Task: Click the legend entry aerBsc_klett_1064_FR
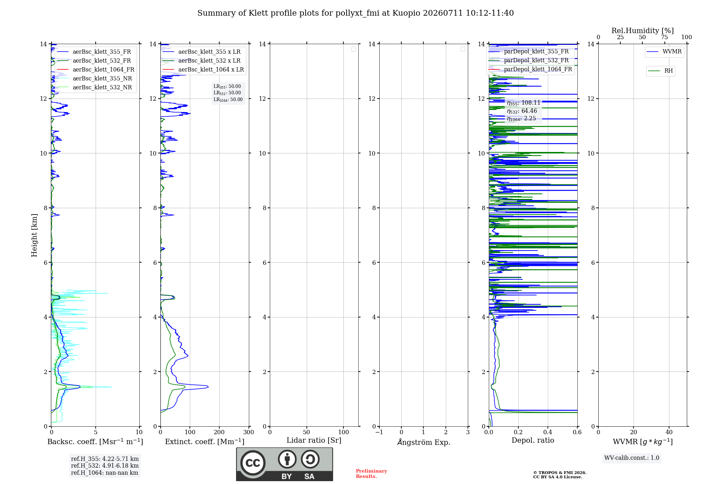(x=95, y=70)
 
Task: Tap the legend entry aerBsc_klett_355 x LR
(x=202, y=52)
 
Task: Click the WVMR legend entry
(x=664, y=52)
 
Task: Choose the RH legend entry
(x=661, y=71)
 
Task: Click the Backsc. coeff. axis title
(x=95, y=442)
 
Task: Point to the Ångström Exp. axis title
(x=424, y=442)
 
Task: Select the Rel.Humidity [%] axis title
(x=643, y=31)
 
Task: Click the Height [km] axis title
(x=34, y=235)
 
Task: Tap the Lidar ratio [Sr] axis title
(x=314, y=441)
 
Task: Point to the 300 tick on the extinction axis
(x=249, y=432)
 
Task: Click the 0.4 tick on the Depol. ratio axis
(x=548, y=432)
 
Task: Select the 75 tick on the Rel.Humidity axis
(x=664, y=37)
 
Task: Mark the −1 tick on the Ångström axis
(x=379, y=432)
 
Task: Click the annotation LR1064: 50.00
(x=228, y=100)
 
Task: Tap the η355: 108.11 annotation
(x=524, y=103)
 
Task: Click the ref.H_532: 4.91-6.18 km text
(x=105, y=465)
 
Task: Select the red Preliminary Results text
(x=371, y=474)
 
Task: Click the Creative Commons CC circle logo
(x=253, y=463)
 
